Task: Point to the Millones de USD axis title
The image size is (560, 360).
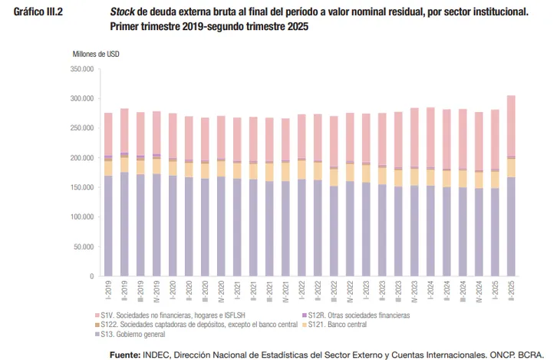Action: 96,54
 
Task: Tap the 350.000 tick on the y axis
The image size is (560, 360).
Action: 81,69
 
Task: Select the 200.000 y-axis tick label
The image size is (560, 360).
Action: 81,157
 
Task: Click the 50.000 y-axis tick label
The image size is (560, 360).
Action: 83,246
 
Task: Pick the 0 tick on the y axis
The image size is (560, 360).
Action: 91,276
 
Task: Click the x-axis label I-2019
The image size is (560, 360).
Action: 108,289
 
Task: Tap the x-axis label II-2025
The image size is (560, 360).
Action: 511,289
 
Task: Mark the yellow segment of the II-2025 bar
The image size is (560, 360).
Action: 511,167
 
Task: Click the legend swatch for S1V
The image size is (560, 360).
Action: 97,315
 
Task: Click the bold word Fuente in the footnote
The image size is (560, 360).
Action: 125,354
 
